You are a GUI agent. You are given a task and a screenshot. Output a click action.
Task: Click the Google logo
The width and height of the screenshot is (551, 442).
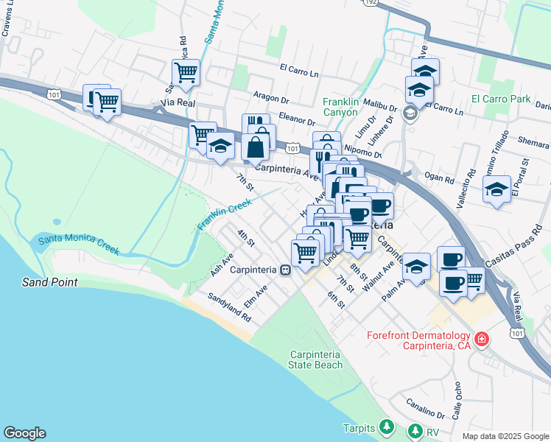(x=24, y=433)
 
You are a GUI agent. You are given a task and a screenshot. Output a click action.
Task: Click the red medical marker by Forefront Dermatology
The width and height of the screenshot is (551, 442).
(x=482, y=340)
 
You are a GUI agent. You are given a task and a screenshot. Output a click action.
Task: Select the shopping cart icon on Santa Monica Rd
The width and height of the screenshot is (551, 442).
(x=186, y=73)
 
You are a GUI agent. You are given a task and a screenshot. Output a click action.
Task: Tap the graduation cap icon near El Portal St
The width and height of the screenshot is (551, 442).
(x=497, y=189)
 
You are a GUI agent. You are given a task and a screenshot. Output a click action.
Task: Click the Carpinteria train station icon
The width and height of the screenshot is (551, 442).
(x=284, y=270)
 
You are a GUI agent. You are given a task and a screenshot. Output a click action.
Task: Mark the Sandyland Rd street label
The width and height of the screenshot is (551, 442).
(x=230, y=307)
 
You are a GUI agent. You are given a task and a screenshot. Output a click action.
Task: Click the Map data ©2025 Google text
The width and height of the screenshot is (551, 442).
(x=505, y=436)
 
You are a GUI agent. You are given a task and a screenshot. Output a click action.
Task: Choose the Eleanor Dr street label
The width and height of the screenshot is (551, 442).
(x=297, y=121)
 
